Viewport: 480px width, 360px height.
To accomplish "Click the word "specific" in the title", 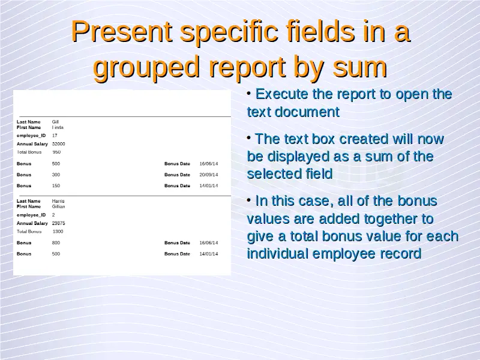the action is coord(229,32).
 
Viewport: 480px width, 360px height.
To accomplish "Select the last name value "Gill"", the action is coord(55,122).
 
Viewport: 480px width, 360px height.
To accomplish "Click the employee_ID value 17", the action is coord(55,136).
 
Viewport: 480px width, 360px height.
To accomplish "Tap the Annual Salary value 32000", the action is coord(58,144).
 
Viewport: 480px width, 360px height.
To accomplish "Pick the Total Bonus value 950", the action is coord(56,152).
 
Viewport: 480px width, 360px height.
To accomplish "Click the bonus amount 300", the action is coord(56,175).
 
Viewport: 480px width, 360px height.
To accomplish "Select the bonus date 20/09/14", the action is coord(209,175).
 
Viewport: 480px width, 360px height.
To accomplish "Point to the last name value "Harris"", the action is coord(58,201).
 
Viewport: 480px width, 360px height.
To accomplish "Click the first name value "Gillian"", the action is coord(58,206).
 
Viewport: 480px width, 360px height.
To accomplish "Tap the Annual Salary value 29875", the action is coord(58,223).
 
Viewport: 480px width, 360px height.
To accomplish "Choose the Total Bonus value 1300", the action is coord(58,232).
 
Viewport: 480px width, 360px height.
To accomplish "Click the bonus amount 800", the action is coord(56,243).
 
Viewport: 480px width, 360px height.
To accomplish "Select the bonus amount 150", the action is coord(56,186).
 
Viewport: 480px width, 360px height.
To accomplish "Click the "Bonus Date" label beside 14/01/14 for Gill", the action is coord(177,186).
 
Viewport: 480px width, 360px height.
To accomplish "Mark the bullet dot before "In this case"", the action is coord(249,200).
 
